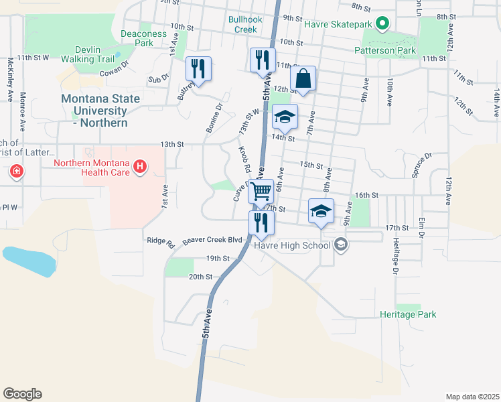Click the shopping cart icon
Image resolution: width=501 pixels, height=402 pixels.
pos(261,191)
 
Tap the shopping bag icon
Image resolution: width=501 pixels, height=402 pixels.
pos(303,78)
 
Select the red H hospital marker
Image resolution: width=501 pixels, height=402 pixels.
pos(140,165)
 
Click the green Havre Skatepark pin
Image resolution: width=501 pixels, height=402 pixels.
pos(382,25)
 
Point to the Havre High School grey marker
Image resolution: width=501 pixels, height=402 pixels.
pos(341,245)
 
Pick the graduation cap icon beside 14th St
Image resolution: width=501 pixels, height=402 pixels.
pos(285,118)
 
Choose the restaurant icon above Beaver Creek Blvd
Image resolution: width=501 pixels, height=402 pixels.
pos(261,222)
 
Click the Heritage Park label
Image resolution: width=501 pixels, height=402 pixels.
pos(408,314)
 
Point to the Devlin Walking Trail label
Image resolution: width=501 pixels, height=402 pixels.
pos(88,54)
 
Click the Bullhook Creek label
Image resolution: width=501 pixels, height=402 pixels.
pos(242,24)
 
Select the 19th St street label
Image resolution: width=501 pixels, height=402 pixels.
pos(218,258)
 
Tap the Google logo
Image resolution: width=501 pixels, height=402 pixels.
pos(22,394)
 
